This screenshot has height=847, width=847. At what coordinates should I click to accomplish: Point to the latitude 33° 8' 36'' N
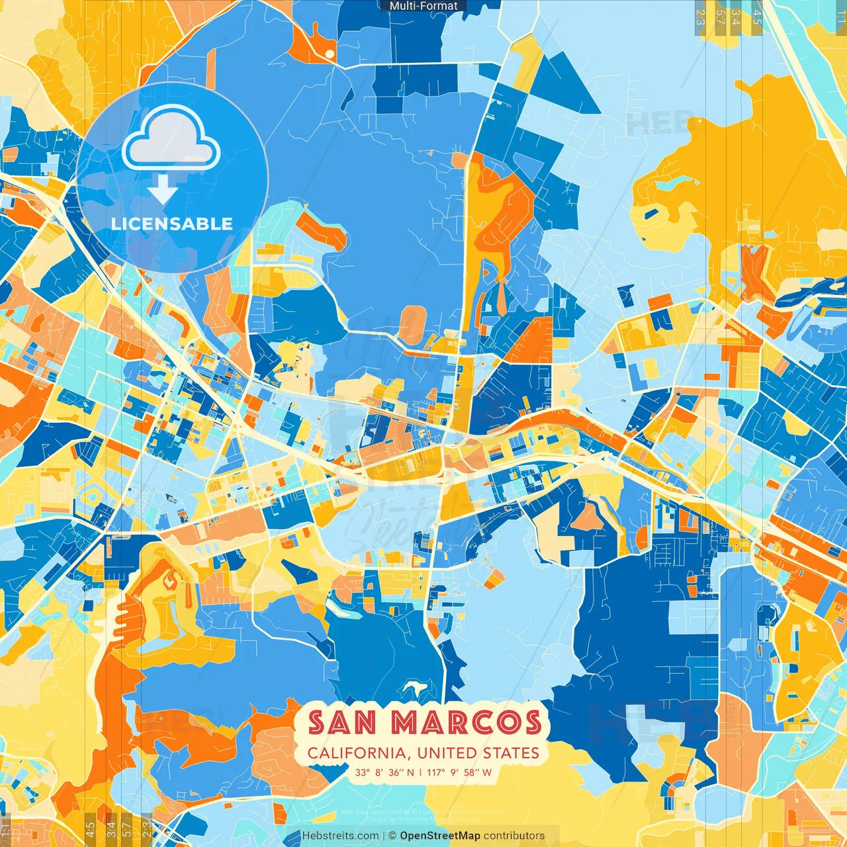384,772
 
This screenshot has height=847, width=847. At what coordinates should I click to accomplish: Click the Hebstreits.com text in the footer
340,836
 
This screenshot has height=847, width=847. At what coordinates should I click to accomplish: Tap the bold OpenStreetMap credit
440,836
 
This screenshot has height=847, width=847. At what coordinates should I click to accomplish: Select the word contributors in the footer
514,836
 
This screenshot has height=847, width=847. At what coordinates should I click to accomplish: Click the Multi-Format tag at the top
423,6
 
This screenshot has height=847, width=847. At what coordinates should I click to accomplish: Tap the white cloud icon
171,137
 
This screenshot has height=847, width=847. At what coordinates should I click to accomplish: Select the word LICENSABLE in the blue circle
172,224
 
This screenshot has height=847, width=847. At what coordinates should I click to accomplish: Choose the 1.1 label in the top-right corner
840,15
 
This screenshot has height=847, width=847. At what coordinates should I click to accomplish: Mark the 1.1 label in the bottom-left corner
7,829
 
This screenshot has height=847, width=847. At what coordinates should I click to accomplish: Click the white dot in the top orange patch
329,53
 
